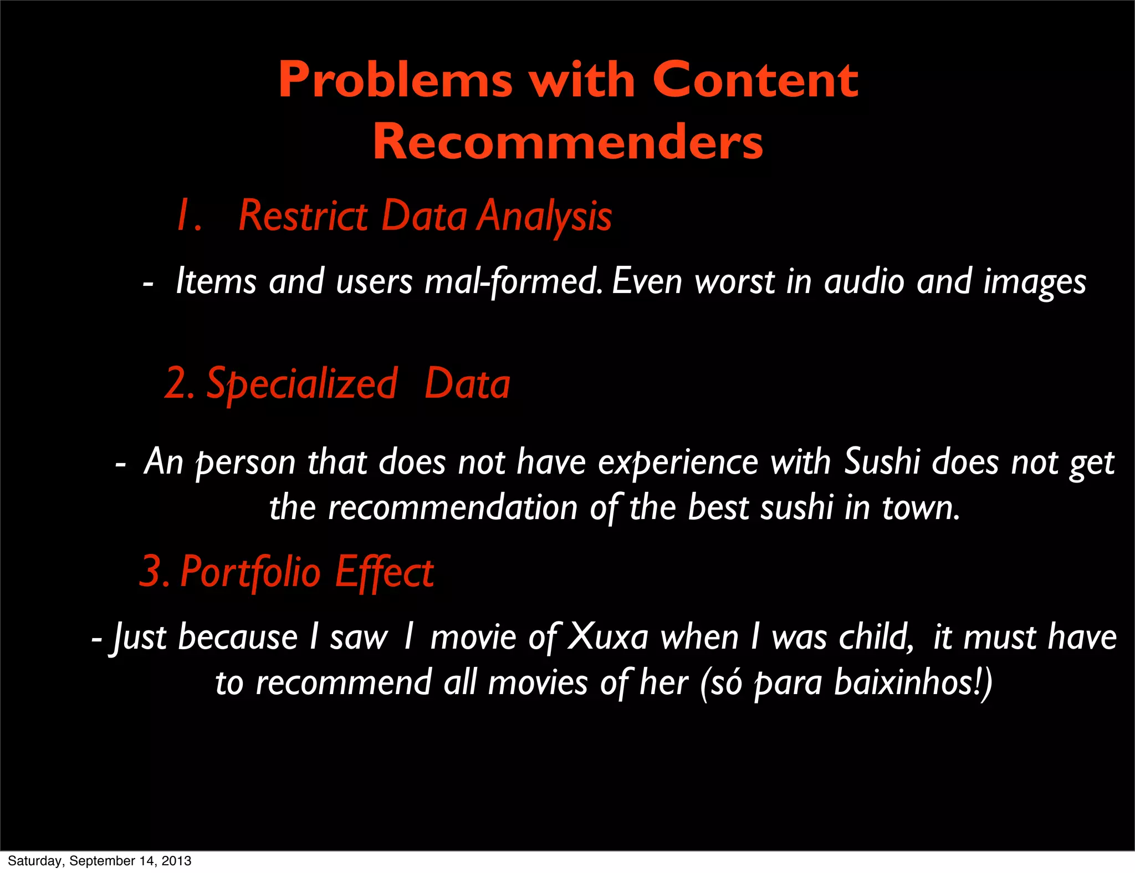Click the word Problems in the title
coord(396,81)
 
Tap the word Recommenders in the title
coord(567,142)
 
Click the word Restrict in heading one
coord(303,215)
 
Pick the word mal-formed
coord(513,281)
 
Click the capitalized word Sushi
coord(881,461)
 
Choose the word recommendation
coord(453,507)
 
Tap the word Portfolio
coord(250,572)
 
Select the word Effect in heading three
coord(384,572)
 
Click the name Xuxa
coord(609,637)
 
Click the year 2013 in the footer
coord(177,861)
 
